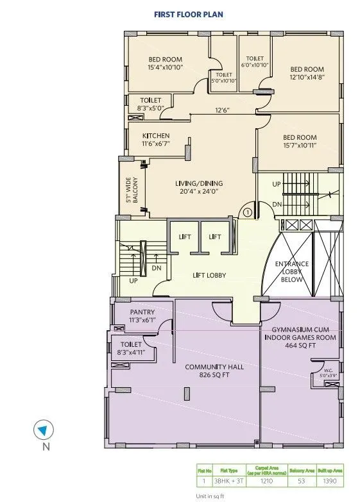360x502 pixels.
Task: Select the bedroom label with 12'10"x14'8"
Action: tap(307, 72)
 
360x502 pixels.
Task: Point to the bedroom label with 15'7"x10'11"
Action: tap(300, 141)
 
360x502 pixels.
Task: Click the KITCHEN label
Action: tap(156, 139)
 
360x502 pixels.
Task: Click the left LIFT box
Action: tap(185, 237)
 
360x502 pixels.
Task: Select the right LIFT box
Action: tap(215, 237)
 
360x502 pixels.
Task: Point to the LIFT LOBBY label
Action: tap(208, 276)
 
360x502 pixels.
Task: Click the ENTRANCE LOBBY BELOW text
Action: tap(291, 271)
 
